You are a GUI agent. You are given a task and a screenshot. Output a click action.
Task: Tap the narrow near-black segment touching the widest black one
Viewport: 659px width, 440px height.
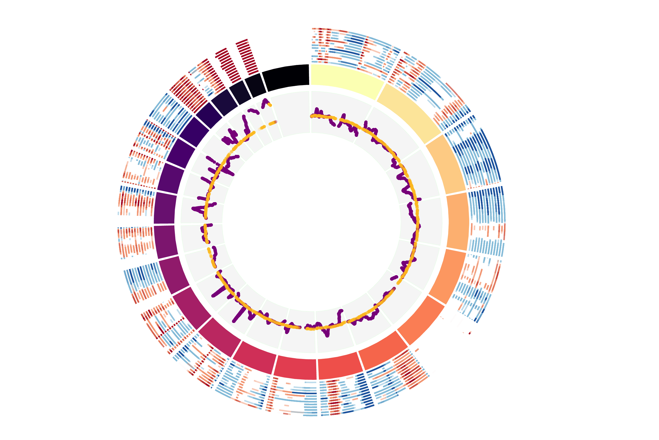(x=255, y=85)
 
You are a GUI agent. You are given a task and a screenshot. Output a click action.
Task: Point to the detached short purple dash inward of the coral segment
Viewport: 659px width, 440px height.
(x=394, y=278)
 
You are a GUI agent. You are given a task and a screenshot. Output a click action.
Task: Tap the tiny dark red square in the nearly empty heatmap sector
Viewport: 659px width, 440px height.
(x=470, y=333)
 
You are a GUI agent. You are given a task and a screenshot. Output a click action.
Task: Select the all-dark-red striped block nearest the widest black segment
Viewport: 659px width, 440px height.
(x=247, y=56)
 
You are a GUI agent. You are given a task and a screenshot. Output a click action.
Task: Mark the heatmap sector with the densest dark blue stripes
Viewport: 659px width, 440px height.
(x=474, y=157)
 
